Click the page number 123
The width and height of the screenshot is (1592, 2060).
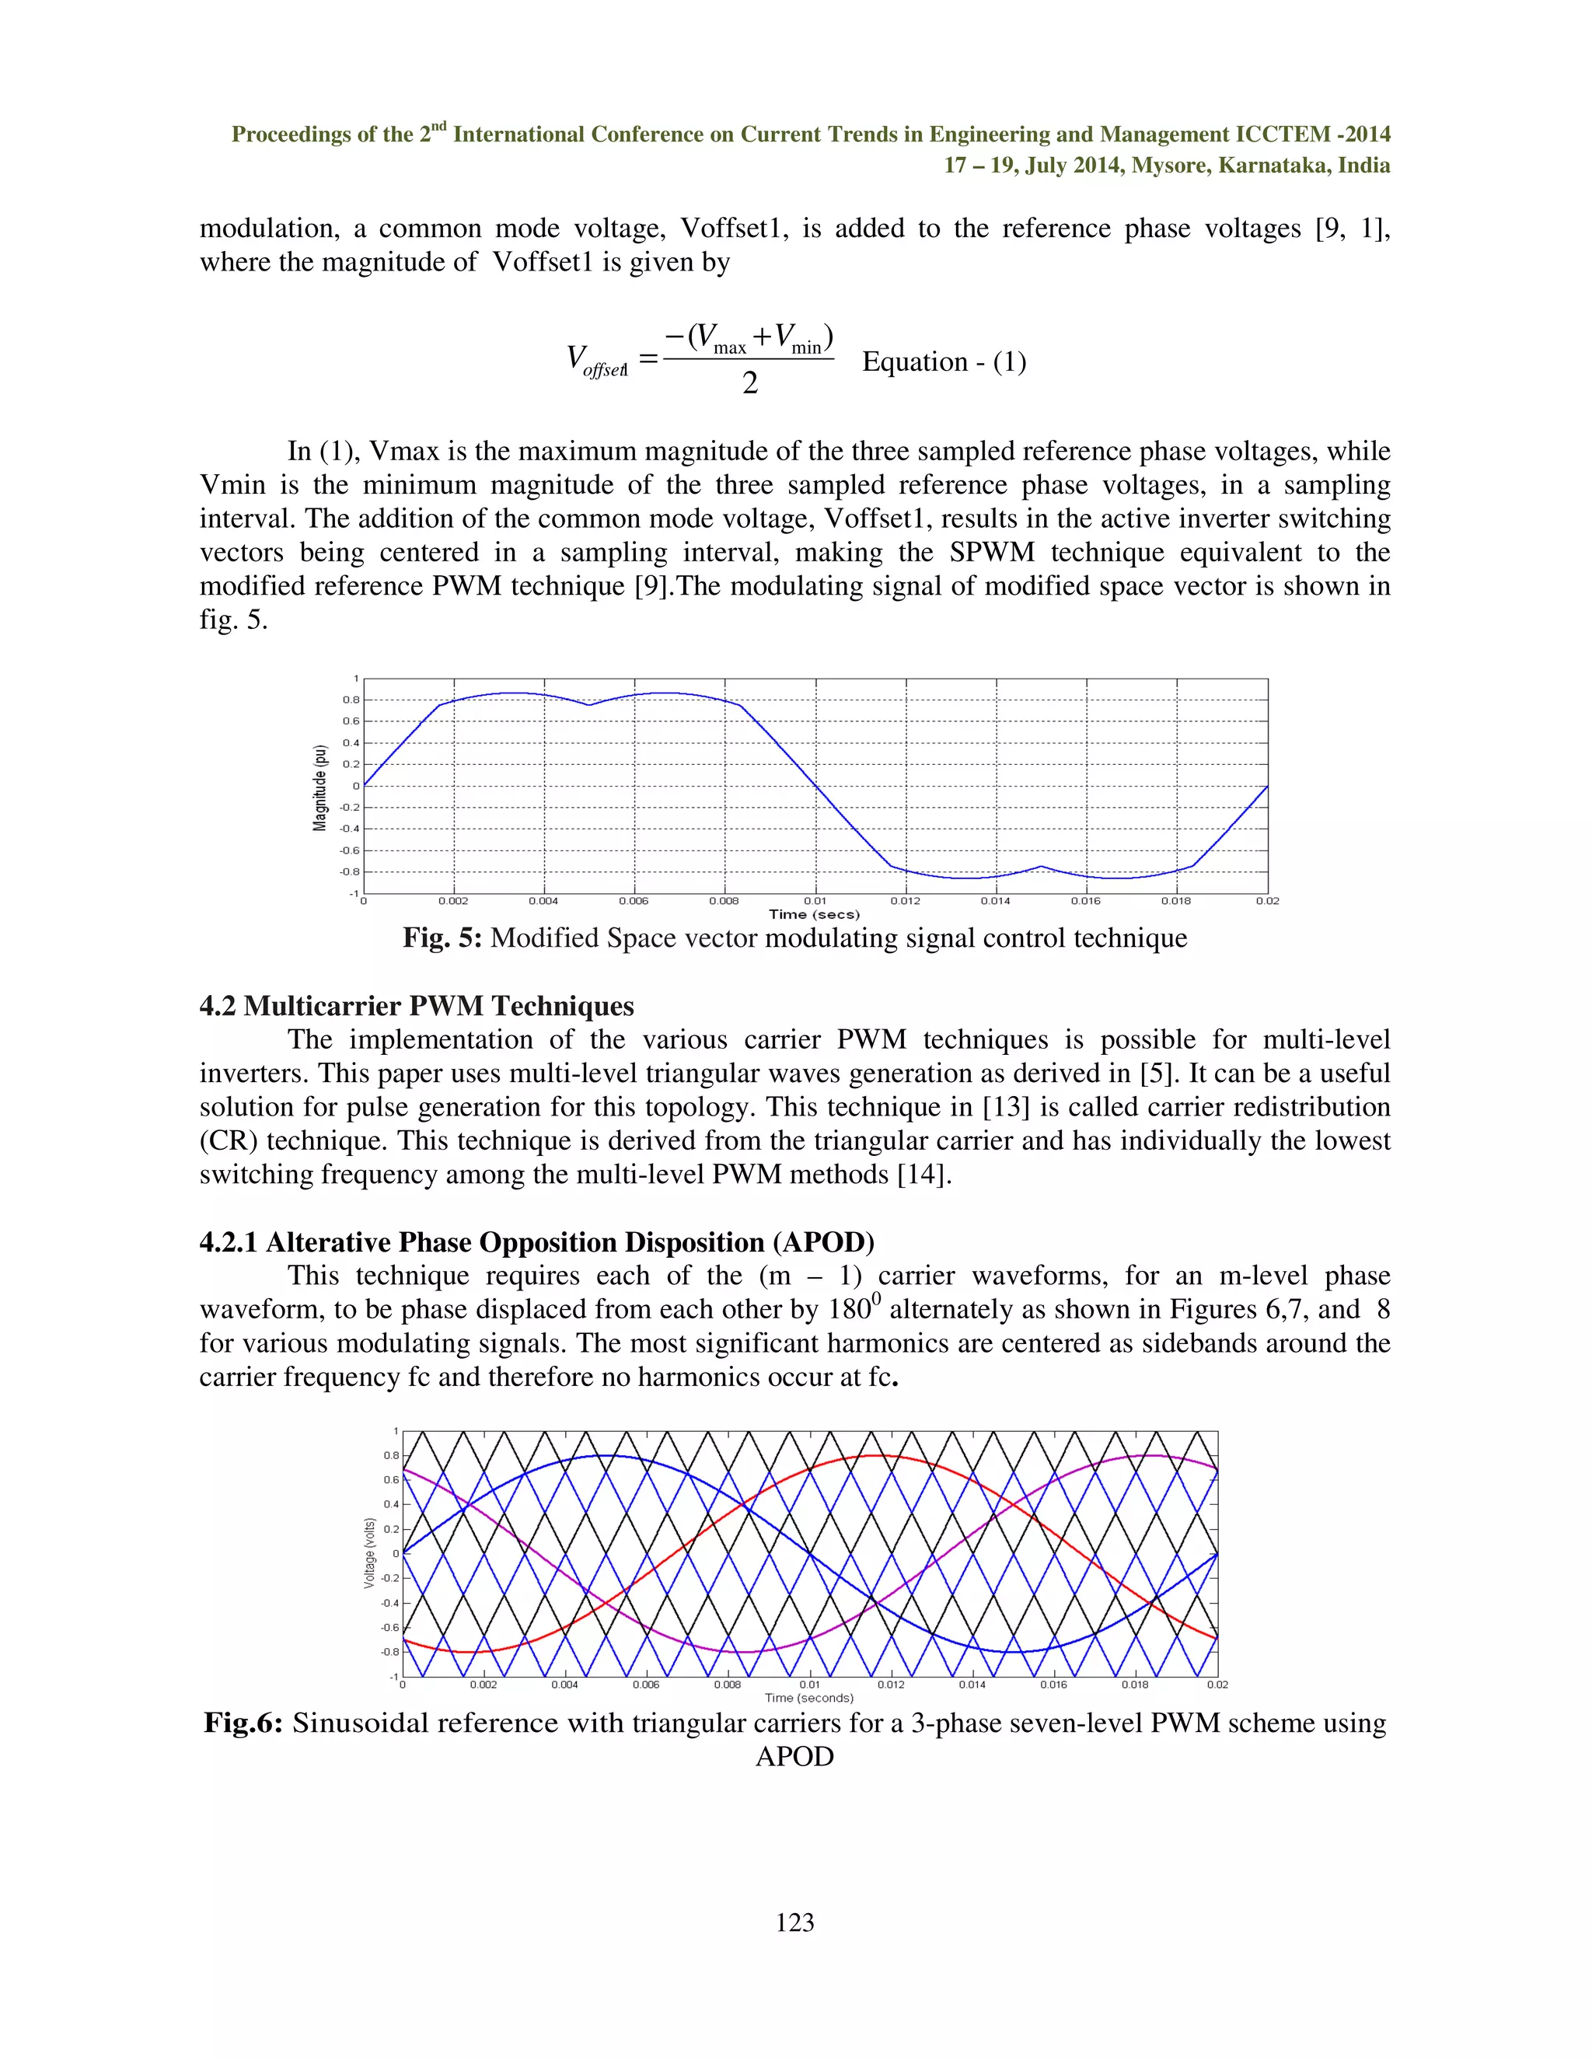coord(795,1922)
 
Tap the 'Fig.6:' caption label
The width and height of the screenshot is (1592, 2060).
coord(243,1723)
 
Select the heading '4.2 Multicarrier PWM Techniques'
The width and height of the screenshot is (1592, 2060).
coord(416,1005)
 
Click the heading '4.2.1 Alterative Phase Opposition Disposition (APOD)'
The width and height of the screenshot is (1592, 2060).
coord(536,1241)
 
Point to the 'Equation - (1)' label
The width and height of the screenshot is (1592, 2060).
coord(944,361)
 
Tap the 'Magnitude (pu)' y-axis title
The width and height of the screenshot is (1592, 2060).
coord(319,787)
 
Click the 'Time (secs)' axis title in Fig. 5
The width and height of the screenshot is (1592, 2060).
coord(814,914)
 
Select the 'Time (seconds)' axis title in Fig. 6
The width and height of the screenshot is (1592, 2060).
coord(809,1698)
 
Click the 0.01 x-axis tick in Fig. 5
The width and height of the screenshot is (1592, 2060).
coord(815,901)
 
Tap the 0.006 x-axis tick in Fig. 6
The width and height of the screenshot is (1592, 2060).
coord(646,1685)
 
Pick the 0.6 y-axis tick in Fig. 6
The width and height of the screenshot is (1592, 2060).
coord(390,1480)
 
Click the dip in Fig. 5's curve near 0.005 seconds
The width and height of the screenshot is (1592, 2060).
coord(589,704)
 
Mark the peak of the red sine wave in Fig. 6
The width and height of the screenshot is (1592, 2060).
coord(877,1455)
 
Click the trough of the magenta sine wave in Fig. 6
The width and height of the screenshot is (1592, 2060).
coord(745,1652)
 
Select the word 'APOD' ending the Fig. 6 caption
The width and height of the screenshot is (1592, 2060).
coord(794,1756)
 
